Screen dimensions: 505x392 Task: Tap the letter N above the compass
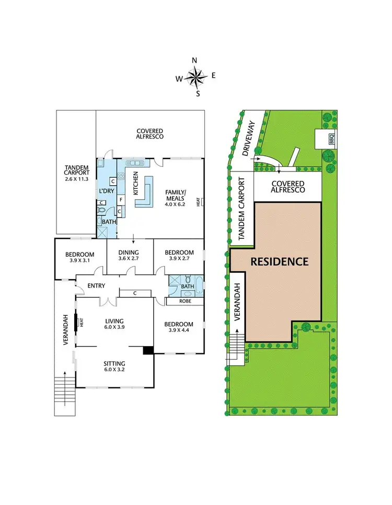pyautogui.click(x=195, y=61)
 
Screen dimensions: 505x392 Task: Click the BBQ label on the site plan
pyautogui.click(x=331, y=139)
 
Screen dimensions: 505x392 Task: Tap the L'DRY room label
pyautogui.click(x=107, y=191)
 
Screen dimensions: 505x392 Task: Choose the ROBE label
pyautogui.click(x=185, y=301)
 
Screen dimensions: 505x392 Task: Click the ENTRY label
pyautogui.click(x=97, y=286)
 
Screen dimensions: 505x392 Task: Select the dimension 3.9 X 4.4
pyautogui.click(x=179, y=331)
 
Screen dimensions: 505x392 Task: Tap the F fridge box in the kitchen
pyautogui.click(x=120, y=199)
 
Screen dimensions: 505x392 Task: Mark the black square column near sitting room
pyautogui.click(x=148, y=350)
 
